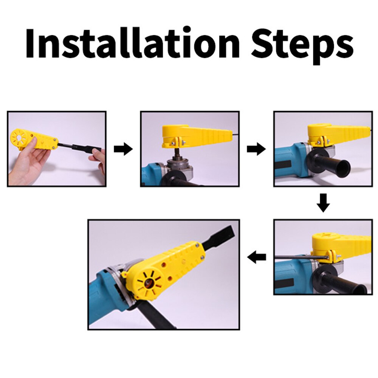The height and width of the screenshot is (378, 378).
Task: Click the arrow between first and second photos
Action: pyautogui.click(x=123, y=149)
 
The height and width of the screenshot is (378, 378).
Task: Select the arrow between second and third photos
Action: pyautogui.click(x=256, y=149)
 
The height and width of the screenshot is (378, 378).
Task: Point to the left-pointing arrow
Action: pyautogui.click(x=256, y=258)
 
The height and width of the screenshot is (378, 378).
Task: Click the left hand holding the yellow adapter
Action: pyautogui.click(x=28, y=163)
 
